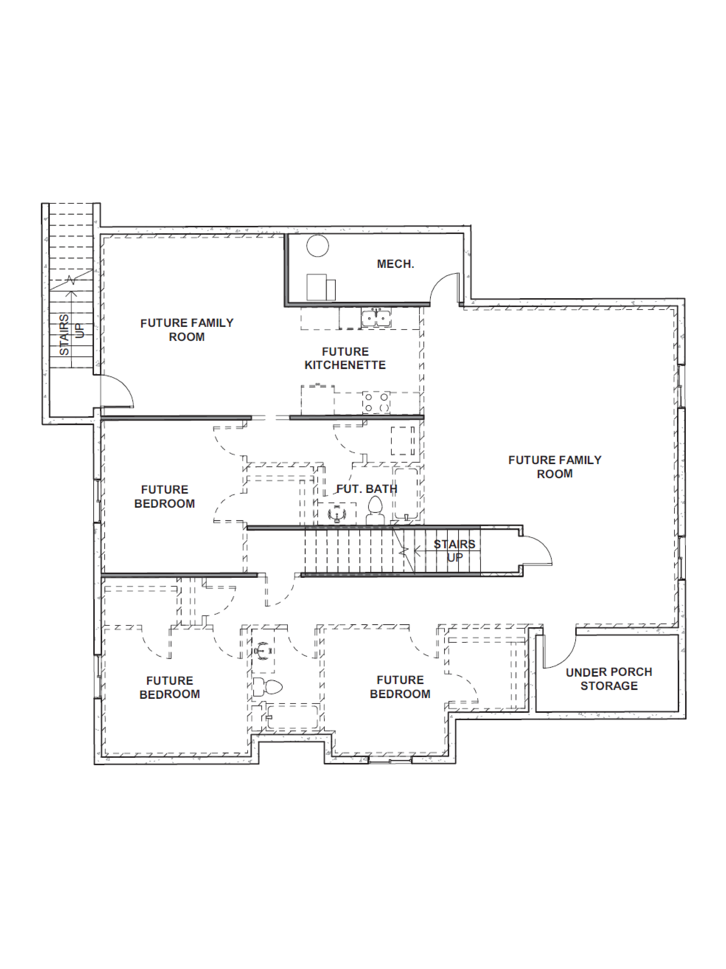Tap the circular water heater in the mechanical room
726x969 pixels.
coord(317,246)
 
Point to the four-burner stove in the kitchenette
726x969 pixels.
coord(376,402)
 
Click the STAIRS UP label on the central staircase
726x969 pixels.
coord(454,551)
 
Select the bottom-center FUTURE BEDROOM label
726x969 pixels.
coord(400,687)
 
